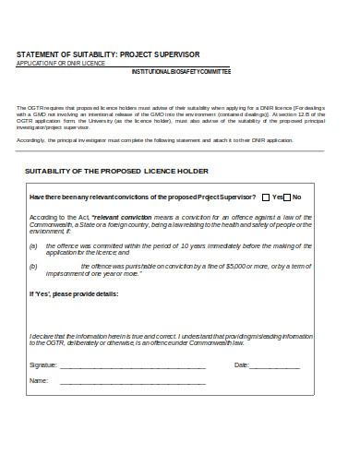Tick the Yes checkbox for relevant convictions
click(x=267, y=197)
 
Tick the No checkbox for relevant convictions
click(x=286, y=197)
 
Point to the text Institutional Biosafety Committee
click(x=181, y=72)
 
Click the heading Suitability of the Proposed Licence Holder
click(x=116, y=172)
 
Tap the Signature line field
click(x=132, y=366)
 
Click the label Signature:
click(x=43, y=365)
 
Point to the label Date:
click(x=242, y=365)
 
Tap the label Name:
click(x=39, y=379)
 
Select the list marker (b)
click(x=34, y=266)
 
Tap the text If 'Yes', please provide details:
click(x=74, y=293)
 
